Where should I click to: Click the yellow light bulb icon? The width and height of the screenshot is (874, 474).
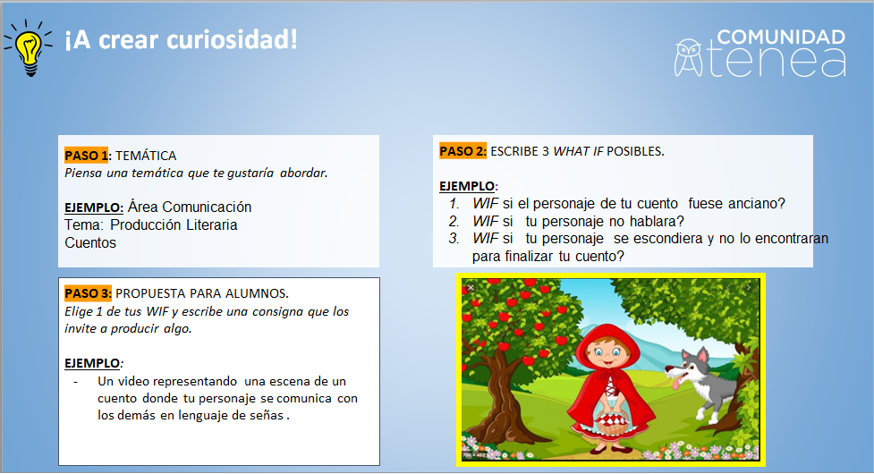click(x=28, y=47)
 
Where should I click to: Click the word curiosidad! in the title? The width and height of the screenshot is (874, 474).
click(x=232, y=39)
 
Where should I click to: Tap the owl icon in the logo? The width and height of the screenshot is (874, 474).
click(x=689, y=57)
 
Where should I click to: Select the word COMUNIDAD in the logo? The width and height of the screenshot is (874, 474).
click(x=781, y=37)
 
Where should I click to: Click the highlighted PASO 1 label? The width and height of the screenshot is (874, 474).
click(x=87, y=156)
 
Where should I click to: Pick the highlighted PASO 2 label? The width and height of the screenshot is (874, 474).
click(x=462, y=151)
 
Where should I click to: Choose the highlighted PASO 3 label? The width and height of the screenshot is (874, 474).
click(x=88, y=293)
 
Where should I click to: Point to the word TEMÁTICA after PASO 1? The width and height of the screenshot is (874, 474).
click(x=146, y=156)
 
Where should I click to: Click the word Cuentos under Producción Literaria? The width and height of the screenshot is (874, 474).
click(x=90, y=243)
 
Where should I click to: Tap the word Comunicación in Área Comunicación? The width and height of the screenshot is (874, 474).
click(x=207, y=207)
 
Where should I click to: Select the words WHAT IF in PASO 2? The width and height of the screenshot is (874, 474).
click(x=578, y=151)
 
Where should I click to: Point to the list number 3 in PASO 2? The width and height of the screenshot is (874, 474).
click(x=454, y=239)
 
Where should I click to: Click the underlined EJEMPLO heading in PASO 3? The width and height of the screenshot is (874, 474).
click(x=92, y=363)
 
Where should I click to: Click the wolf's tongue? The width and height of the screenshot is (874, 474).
click(x=676, y=383)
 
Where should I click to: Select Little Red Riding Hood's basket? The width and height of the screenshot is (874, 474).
click(x=613, y=422)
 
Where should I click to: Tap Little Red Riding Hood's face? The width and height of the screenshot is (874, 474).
click(x=607, y=354)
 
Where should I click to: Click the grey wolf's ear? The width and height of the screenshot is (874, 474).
click(x=702, y=355)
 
